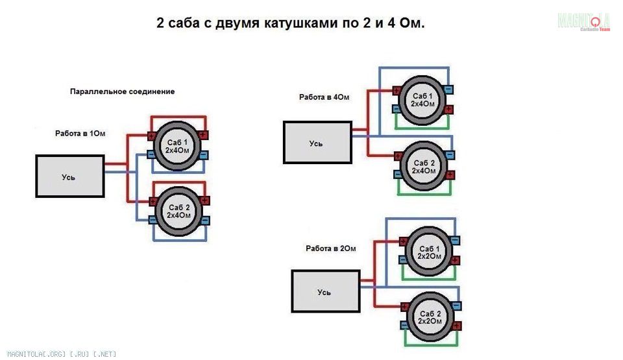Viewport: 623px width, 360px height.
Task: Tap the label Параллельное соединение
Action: tap(123, 91)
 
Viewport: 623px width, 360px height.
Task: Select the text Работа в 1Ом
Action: tap(80, 134)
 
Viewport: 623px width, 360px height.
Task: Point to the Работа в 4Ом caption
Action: tap(324, 97)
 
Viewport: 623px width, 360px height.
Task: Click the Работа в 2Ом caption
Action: tap(330, 248)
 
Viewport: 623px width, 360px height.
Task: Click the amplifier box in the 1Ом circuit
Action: tap(70, 176)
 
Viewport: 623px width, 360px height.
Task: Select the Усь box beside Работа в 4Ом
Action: tap(317, 142)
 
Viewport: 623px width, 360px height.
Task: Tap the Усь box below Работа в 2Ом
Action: tap(326, 291)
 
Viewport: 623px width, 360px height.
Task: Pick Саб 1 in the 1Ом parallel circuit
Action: tap(177, 146)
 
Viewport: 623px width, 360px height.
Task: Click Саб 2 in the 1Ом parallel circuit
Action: tap(179, 211)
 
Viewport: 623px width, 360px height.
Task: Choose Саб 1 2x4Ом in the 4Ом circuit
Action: tap(422, 100)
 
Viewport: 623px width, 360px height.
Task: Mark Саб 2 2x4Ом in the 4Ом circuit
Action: tap(424, 167)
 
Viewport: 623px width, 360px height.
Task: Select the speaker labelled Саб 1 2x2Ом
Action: tap(430, 252)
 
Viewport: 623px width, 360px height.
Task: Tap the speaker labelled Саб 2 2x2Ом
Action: tap(430, 317)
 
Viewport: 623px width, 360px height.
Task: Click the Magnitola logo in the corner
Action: tap(583, 21)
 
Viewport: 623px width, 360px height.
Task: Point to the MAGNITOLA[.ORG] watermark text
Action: tap(62, 354)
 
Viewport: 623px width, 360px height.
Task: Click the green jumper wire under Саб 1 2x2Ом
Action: tap(429, 278)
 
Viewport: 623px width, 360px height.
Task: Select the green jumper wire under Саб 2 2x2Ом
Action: tap(431, 344)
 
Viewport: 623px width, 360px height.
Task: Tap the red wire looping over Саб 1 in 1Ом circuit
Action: tap(178, 117)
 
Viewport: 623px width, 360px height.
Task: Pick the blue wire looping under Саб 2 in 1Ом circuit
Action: tap(180, 241)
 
